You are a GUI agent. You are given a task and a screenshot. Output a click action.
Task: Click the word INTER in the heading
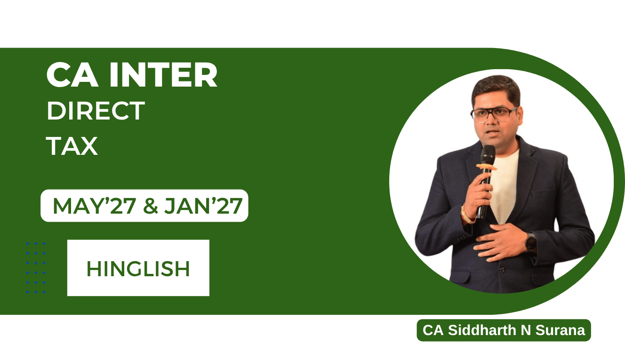coord(163,75)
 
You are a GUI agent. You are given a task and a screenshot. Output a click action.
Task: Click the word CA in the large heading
coord(72,75)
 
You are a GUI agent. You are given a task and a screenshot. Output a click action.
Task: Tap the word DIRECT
coord(96,111)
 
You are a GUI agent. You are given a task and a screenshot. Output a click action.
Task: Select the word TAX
coord(72,146)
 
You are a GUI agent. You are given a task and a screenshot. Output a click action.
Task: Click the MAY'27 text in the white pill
coord(94,206)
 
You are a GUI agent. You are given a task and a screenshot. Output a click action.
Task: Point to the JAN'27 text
coord(203,206)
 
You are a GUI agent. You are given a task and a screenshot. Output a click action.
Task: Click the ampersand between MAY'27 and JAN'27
coord(151,206)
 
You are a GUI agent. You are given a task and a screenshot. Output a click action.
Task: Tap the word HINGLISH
coord(138,269)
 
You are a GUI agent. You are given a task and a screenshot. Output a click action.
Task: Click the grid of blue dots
coord(36,268)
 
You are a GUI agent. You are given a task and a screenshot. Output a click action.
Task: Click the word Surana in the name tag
coord(560,330)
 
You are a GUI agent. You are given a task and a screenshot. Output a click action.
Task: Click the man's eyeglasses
coord(494,114)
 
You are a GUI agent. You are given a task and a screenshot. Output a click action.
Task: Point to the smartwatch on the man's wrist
coord(530,242)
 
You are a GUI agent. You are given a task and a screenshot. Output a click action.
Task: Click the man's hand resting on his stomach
coord(500,242)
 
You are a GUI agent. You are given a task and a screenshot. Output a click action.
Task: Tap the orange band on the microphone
coord(486,167)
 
